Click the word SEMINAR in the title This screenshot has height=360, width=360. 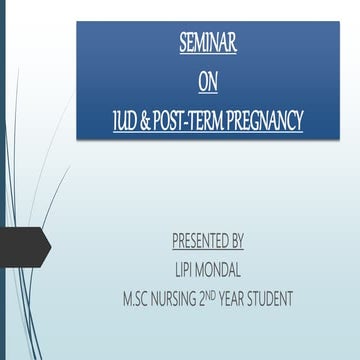(x=208, y=44)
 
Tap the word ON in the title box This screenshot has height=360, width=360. (x=207, y=83)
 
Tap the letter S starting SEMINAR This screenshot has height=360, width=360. (x=183, y=44)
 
